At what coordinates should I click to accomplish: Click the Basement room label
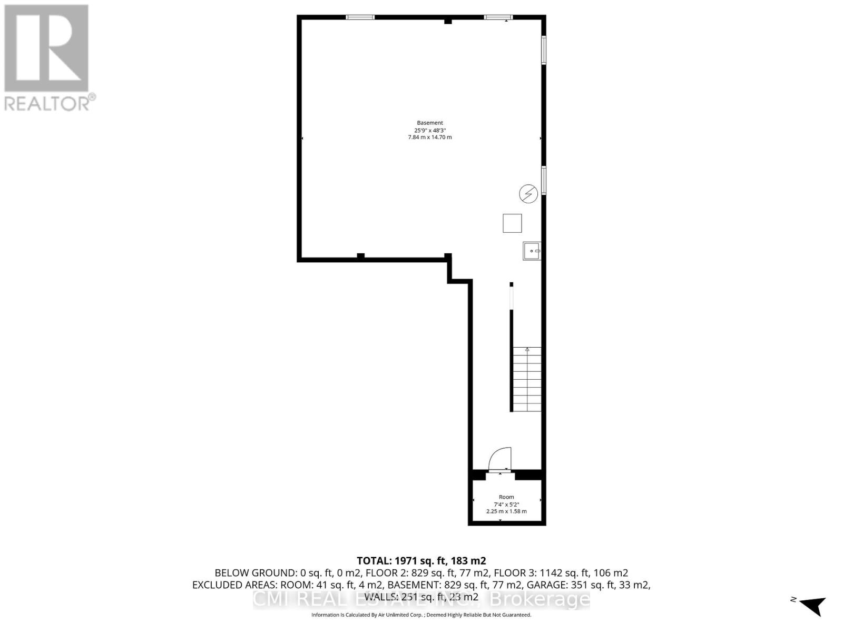(x=430, y=123)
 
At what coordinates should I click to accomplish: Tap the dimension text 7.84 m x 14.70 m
(x=430, y=137)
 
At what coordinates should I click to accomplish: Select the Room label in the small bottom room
(x=506, y=497)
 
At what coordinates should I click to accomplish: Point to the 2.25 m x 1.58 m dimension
(x=506, y=511)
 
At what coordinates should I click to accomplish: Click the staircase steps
(x=527, y=379)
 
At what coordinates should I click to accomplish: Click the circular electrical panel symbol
(x=528, y=194)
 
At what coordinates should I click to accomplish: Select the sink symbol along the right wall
(x=532, y=251)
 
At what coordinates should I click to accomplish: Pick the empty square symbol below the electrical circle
(x=512, y=223)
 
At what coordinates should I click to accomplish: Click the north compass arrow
(x=813, y=605)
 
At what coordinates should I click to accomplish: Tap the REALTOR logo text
(x=50, y=103)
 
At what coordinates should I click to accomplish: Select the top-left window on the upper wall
(x=360, y=17)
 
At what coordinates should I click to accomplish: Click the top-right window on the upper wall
(x=498, y=17)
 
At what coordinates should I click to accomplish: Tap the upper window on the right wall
(x=544, y=50)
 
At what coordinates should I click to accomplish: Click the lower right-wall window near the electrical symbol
(x=544, y=180)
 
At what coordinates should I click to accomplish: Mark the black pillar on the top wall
(x=448, y=21)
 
